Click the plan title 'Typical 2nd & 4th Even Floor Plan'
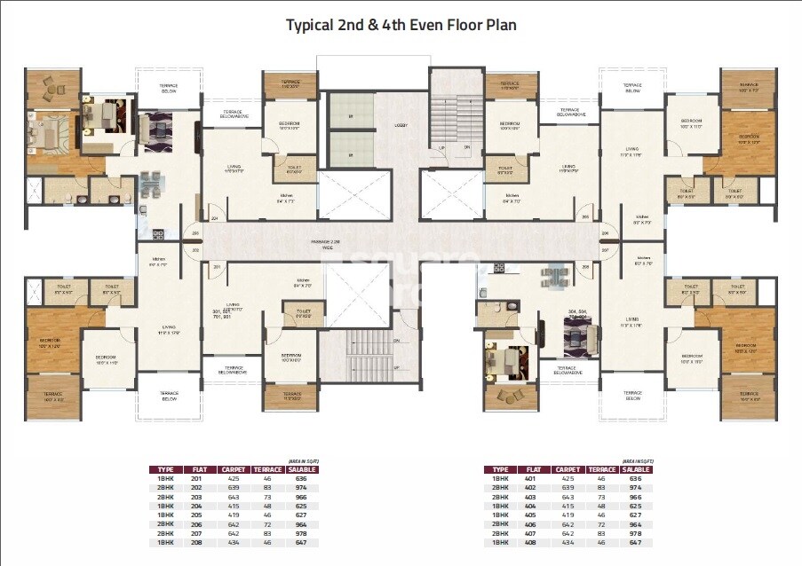tap(401, 26)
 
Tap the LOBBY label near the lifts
tap(401, 125)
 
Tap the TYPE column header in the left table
tap(166, 469)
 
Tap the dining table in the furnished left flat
tap(152, 183)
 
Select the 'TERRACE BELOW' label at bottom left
tap(169, 396)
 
